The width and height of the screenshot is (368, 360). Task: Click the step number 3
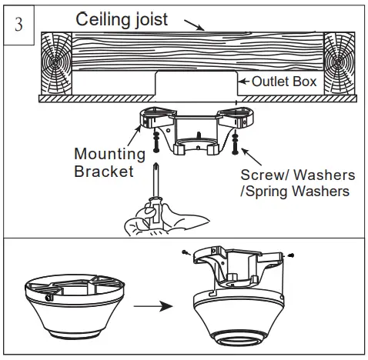(x=18, y=25)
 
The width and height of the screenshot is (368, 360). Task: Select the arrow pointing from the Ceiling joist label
(x=195, y=25)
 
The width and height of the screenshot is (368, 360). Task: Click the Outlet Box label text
(x=284, y=82)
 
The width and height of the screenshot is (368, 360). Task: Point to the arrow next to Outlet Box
(x=244, y=82)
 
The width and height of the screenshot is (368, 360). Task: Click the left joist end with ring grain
(x=56, y=63)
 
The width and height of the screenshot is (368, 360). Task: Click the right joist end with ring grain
(x=340, y=63)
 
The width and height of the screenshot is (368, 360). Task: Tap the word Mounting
(x=109, y=155)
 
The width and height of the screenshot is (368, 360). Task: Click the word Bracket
(x=104, y=172)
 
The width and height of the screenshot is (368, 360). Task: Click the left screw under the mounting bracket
(x=156, y=142)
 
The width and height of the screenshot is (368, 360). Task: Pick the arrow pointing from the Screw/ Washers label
(x=251, y=156)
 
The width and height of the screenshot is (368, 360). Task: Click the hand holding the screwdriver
(x=164, y=218)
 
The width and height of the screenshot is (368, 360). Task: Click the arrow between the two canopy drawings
(x=153, y=306)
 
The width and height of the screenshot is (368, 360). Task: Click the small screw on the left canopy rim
(x=49, y=298)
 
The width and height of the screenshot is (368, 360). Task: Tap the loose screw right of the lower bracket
(x=291, y=255)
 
